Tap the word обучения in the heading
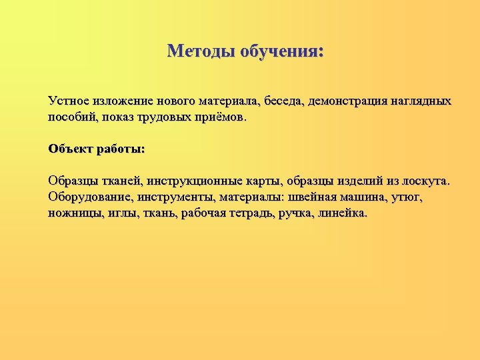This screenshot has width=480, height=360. pos(281,51)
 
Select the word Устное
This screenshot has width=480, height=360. pos(69,101)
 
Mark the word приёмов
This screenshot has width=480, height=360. pos(222,117)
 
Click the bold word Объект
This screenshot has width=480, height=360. pos(70,149)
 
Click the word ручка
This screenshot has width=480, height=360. pos(297,213)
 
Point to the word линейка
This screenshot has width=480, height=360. pos(344,213)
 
